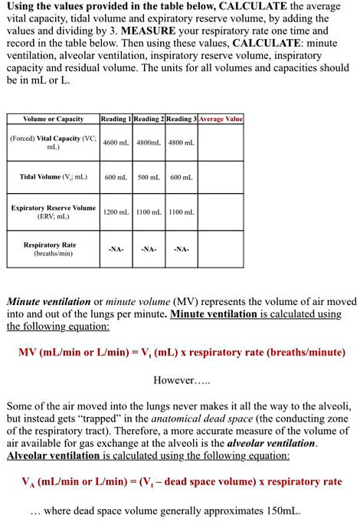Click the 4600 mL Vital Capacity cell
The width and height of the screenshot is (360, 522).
[x=116, y=143]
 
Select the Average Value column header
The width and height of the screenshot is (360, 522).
[x=221, y=119]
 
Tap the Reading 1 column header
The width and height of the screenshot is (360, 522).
[x=116, y=119]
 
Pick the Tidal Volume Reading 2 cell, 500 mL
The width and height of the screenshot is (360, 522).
[x=149, y=177]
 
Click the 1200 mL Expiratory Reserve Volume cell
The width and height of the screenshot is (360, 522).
[x=116, y=212]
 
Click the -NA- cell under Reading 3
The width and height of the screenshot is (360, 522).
[x=182, y=249]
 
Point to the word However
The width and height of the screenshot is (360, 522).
[x=177, y=380]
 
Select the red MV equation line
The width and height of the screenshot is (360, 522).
[x=182, y=353]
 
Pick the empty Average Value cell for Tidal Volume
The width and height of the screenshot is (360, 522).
[x=221, y=177]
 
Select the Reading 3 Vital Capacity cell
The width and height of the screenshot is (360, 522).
[x=182, y=143]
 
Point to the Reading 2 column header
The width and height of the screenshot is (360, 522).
[x=149, y=119]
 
